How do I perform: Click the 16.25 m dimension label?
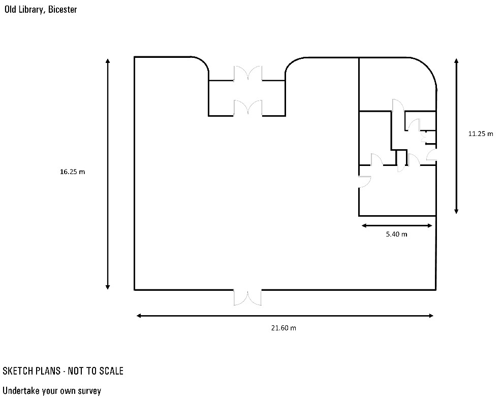point(73,172)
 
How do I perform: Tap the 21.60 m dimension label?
point(284,328)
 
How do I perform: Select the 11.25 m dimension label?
point(481,133)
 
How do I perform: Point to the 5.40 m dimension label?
point(396,234)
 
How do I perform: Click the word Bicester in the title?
point(62,10)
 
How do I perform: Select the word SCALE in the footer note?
point(111,371)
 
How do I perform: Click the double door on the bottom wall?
point(247,297)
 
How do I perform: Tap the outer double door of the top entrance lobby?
point(247,74)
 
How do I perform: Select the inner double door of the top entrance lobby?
point(247,108)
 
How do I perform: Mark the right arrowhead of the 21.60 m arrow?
point(431,316)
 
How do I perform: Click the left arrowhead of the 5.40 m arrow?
point(364,226)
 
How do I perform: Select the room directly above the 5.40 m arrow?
point(397,191)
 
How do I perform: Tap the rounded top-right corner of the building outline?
point(428,67)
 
